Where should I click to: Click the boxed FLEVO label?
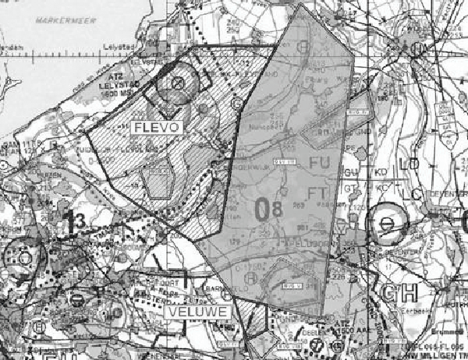tap(157, 127)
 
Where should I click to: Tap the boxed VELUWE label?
tap(196, 312)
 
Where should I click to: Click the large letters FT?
tap(320, 192)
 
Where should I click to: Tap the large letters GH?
tap(400, 294)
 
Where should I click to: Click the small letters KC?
tap(382, 188)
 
